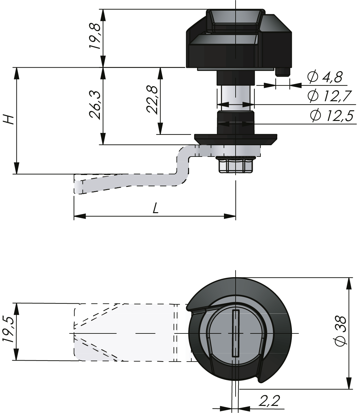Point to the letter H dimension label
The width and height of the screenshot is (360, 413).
(9, 119)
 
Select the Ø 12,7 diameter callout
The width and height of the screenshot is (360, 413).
(329, 96)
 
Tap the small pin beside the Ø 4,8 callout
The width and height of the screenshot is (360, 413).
(282, 72)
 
